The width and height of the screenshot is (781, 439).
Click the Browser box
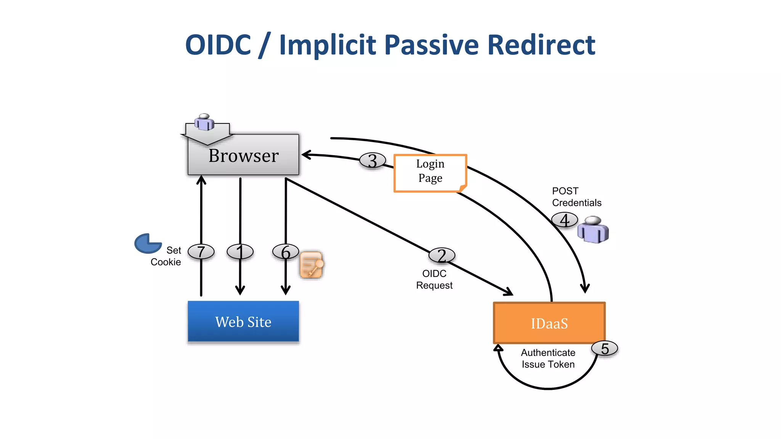point(243,155)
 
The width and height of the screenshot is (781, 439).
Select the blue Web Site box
point(243,322)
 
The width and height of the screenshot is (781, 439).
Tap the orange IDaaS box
point(549,323)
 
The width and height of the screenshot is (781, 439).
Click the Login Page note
point(430,173)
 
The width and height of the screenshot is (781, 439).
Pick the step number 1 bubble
point(240,252)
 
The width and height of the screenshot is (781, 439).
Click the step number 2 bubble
point(442,255)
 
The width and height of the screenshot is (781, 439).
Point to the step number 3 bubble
point(373,160)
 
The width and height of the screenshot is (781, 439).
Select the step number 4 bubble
point(564,220)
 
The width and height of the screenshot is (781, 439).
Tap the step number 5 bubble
point(604,348)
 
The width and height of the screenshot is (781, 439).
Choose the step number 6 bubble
point(286,252)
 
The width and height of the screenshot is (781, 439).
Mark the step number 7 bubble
point(201,252)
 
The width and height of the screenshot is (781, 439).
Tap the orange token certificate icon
point(312,264)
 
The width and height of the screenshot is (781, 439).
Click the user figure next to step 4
point(593,230)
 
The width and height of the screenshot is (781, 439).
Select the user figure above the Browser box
point(205,122)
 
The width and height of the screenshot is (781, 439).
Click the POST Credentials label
point(576,197)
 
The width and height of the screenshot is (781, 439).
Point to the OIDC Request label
point(434,279)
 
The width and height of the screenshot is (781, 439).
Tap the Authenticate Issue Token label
point(548,358)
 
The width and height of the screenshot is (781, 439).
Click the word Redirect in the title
point(541,45)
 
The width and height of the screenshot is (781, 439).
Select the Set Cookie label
point(166,256)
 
